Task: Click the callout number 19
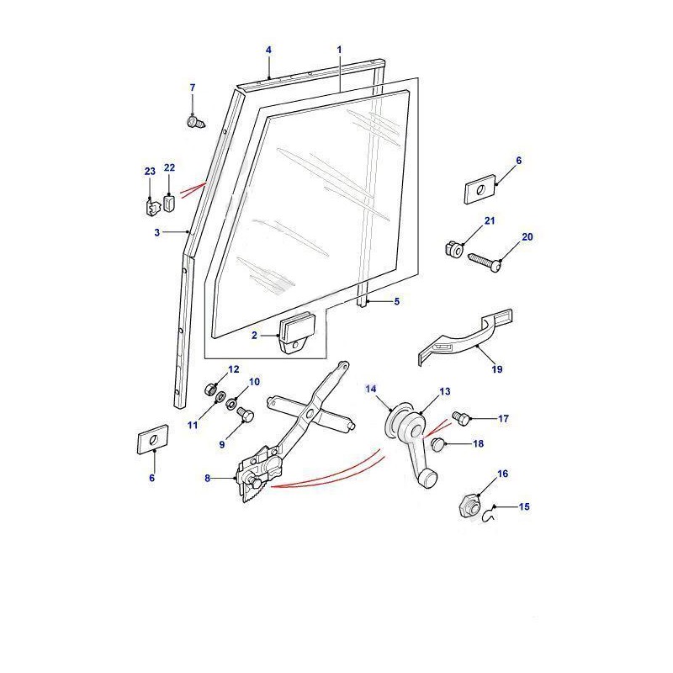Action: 496,369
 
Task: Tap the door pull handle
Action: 466,338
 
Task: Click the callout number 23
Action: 150,172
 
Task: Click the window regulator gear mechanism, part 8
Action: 261,472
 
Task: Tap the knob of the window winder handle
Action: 428,480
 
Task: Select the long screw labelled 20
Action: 485,262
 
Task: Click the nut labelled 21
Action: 453,249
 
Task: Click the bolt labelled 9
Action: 246,414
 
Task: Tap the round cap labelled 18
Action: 437,445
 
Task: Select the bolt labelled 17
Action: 461,418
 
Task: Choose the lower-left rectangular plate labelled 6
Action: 153,439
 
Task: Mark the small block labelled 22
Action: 170,204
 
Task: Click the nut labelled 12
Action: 209,389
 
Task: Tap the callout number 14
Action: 371,389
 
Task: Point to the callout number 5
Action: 396,301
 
